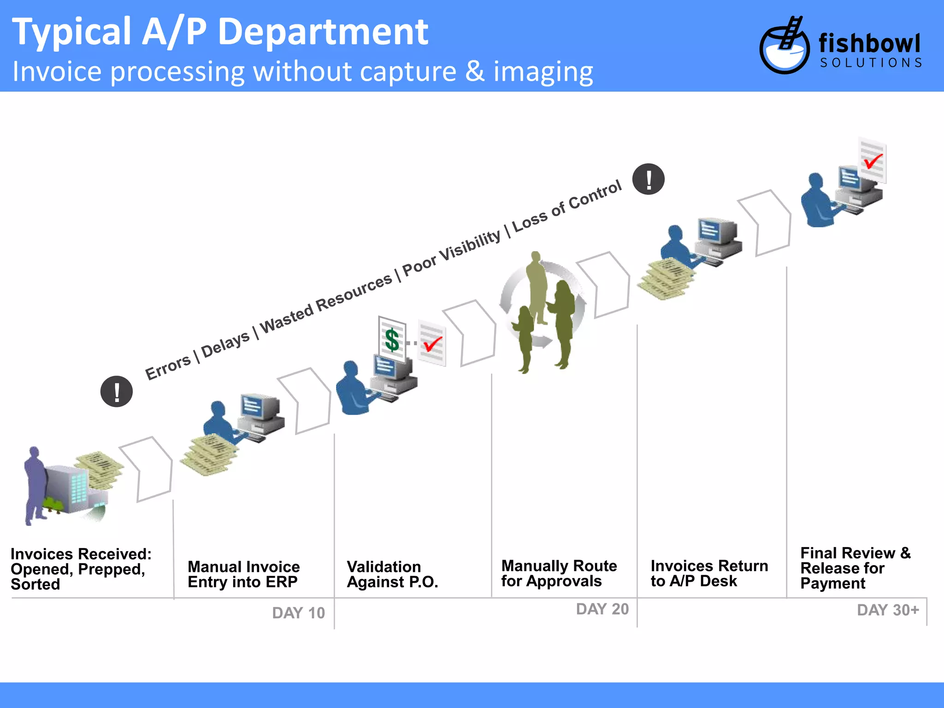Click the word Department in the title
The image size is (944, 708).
click(323, 32)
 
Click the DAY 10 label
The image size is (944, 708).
click(298, 613)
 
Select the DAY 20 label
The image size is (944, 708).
click(602, 609)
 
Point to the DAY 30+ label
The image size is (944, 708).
click(887, 610)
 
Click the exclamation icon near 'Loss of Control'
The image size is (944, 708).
click(648, 179)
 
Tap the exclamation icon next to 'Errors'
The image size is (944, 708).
click(117, 392)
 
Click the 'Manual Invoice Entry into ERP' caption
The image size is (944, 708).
click(243, 574)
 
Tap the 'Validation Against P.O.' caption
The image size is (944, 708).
click(392, 574)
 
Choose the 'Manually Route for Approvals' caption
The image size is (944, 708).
click(559, 573)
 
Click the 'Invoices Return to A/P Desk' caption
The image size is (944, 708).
click(709, 573)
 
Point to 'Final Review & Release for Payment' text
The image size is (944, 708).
click(855, 568)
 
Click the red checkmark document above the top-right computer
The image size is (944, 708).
click(872, 160)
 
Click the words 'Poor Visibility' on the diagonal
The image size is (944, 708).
click(452, 253)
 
